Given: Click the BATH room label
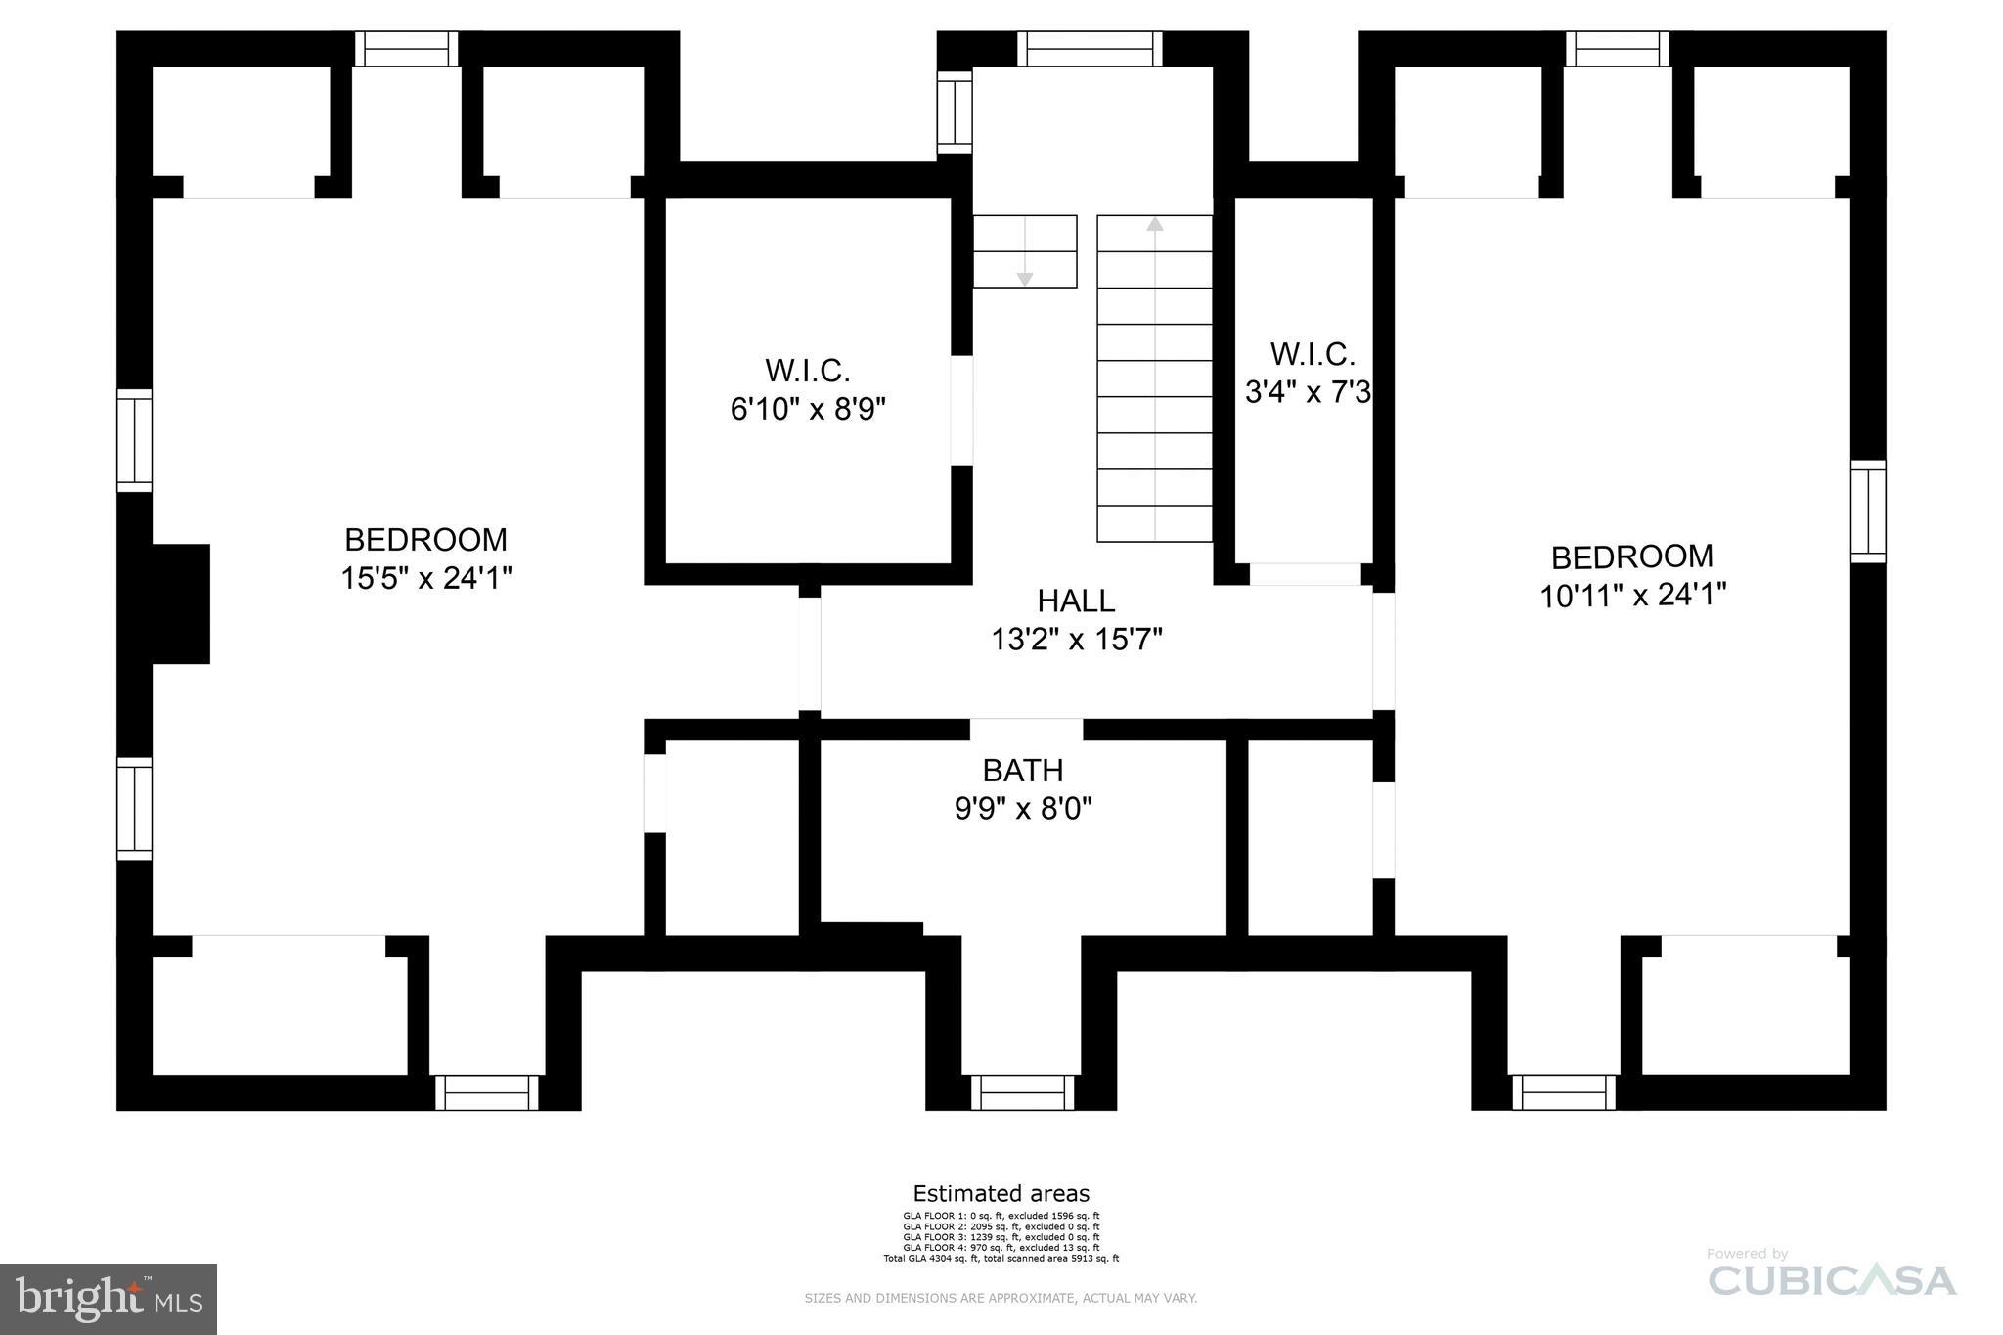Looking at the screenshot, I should tap(1022, 771).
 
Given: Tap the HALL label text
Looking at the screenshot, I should tap(1076, 601).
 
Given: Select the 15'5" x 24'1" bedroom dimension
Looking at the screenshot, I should tap(426, 579).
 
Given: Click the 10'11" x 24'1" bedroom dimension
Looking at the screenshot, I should tap(1632, 595).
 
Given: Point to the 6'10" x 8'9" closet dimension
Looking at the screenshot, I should tap(808, 409).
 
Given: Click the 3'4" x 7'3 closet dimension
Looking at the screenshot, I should tap(1308, 392).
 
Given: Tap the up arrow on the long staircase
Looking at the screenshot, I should tap(1155, 224).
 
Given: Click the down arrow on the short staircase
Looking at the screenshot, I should tap(1024, 279).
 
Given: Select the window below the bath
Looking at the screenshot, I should tap(1022, 1092).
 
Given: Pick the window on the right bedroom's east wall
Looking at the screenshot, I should tap(1867, 512).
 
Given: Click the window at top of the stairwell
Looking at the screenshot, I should tap(1089, 48).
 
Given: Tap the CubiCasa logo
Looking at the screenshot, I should tap(1831, 1279).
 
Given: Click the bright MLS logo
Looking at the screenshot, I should tap(109, 1299).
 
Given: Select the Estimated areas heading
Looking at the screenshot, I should tap(1001, 1194).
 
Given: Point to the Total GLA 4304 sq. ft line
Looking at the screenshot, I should tap(1001, 1259).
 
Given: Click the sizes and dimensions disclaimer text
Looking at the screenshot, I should tap(1001, 1298).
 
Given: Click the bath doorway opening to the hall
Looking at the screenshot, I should tap(1026, 730).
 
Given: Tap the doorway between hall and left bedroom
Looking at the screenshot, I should tap(810, 652).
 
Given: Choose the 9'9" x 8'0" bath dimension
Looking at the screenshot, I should tap(1022, 809).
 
